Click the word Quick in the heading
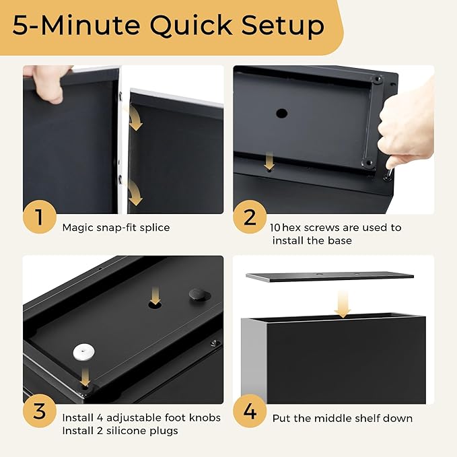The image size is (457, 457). (191, 26)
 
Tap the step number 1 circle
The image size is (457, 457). (40, 217)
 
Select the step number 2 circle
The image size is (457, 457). (250, 217)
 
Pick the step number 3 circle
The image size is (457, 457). (40, 411)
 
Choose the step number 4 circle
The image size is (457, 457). (250, 411)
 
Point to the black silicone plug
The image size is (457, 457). (199, 295)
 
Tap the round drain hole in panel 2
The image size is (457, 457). (281, 113)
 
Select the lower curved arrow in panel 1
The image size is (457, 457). (134, 192)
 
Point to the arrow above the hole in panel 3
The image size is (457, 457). (155, 295)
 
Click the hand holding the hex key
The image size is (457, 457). (407, 125)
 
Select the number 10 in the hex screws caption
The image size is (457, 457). (275, 227)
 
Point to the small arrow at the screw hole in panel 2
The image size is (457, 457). (269, 161)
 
